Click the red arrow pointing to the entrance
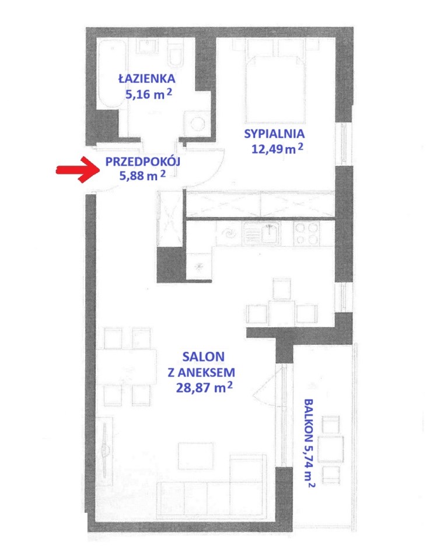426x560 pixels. tap(79, 170)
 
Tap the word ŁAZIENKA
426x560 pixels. tap(146, 78)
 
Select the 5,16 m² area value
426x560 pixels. tap(149, 94)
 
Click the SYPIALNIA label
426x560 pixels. tap(274, 134)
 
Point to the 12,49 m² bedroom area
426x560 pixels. tap(277, 149)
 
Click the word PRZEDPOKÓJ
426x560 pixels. tap(142, 162)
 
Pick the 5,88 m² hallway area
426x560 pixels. tap(142, 176)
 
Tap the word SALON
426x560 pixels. tap(203, 356)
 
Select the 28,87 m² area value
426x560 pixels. tap(204, 387)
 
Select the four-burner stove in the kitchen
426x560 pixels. tap(306, 233)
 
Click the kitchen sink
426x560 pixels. tap(266, 233)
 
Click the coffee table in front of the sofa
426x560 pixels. tap(195, 457)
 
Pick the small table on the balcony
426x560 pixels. tap(330, 449)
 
